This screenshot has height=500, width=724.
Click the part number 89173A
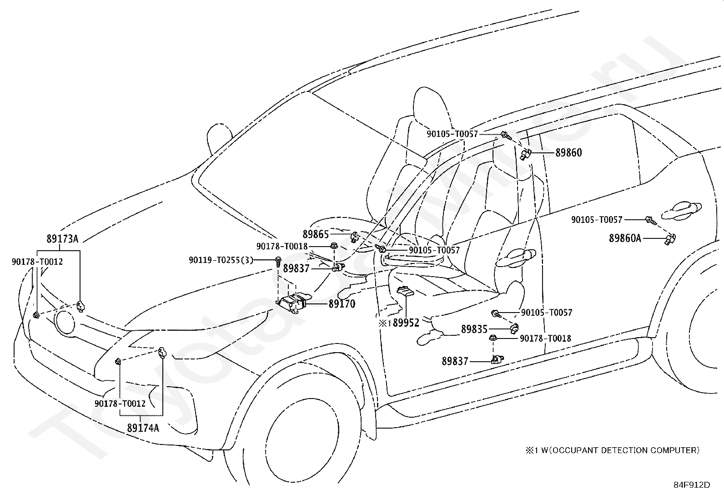click(x=62, y=238)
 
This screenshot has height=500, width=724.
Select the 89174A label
click(x=143, y=428)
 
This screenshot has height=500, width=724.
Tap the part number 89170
click(x=342, y=303)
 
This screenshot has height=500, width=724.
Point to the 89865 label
click(x=316, y=234)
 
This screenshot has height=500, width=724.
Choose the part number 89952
click(x=406, y=323)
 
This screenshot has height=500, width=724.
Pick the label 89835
click(x=474, y=329)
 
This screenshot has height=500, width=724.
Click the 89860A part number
click(x=625, y=238)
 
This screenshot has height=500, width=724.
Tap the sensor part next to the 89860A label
click(x=671, y=238)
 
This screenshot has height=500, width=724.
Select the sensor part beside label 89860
click(x=526, y=154)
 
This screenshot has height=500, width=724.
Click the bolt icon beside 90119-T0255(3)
click(x=277, y=261)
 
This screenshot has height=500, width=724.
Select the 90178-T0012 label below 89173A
click(x=37, y=262)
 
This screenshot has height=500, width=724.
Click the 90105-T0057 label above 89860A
click(x=597, y=220)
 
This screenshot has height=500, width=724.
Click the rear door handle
click(x=679, y=209)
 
